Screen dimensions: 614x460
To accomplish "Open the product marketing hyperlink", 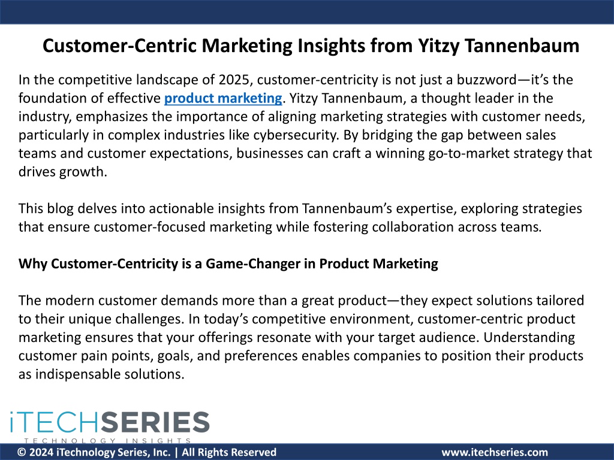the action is click(x=223, y=98).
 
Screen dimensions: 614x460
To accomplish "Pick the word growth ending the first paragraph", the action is click(x=83, y=172).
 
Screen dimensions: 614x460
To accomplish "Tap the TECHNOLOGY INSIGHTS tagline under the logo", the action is click(x=108, y=441).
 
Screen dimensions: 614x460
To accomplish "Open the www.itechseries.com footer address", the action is click(x=495, y=453).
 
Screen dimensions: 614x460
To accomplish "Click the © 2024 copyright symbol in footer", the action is click(x=22, y=453).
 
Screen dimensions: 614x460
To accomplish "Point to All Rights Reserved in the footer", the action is click(x=229, y=453).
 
